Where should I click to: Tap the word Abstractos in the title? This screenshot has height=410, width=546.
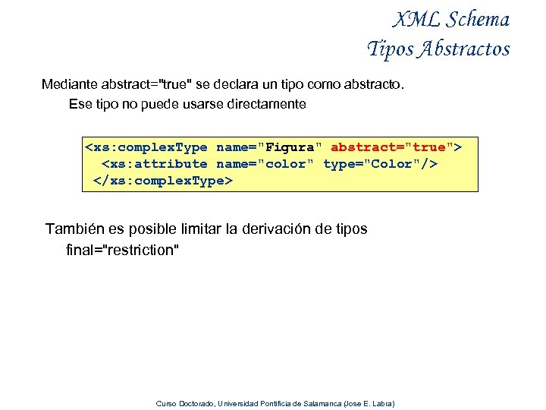(x=464, y=49)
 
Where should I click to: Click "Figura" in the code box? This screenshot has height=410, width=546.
(x=293, y=147)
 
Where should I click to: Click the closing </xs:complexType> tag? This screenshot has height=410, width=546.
(x=162, y=181)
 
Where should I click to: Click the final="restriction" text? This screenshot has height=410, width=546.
(x=123, y=250)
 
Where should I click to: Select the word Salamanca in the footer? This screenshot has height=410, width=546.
(x=322, y=403)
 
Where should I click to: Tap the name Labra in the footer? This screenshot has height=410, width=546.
(x=381, y=403)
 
